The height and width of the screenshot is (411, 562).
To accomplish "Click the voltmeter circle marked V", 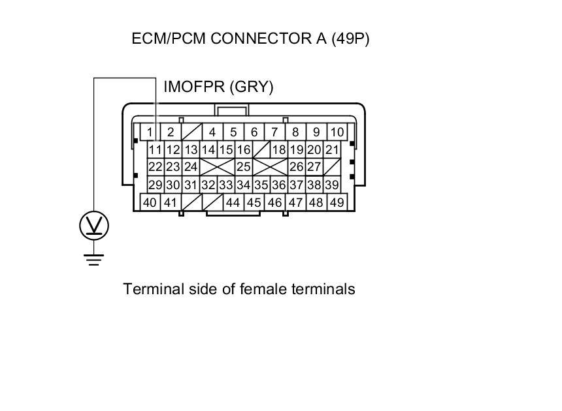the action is (x=93, y=226).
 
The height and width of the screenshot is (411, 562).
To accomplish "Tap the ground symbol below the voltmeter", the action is (x=93, y=260).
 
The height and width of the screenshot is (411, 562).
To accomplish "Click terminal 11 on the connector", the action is (x=155, y=150).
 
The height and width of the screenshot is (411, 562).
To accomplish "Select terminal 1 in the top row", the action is (x=150, y=132).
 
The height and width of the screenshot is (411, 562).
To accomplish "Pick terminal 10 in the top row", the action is (x=337, y=132).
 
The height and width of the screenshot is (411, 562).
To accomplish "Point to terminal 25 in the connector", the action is (x=243, y=167).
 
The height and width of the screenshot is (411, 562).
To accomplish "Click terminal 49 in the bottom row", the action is (x=337, y=202).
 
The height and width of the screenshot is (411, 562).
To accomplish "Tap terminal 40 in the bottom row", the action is (x=150, y=202).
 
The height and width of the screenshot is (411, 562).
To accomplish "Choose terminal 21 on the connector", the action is (x=332, y=150).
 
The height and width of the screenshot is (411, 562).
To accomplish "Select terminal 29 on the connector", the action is (x=155, y=185).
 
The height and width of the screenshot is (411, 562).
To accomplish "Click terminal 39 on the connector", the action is (x=332, y=185).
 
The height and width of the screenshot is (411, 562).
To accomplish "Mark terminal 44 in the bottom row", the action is (x=233, y=202).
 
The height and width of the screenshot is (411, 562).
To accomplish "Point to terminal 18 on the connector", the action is (x=279, y=150).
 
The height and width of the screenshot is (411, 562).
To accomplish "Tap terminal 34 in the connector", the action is (x=243, y=185).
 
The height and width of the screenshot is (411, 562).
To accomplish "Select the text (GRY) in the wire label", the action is (x=252, y=87).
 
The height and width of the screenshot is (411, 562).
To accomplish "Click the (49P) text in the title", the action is (x=350, y=38).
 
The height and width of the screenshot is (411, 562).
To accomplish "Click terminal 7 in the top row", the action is (x=274, y=132).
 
